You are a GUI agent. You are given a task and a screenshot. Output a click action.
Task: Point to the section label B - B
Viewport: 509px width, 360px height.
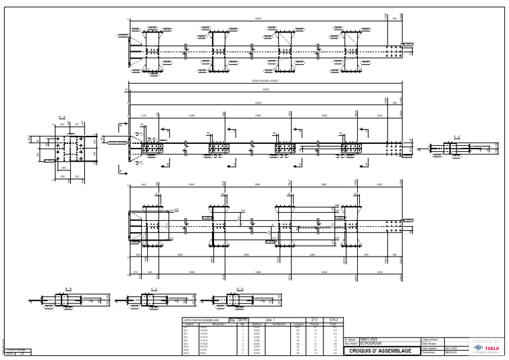[68, 288]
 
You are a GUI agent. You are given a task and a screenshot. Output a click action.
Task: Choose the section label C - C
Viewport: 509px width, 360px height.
[154, 288]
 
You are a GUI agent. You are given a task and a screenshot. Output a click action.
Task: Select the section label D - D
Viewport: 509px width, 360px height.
[239, 288]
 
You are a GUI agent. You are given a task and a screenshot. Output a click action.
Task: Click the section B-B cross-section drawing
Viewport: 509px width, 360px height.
[65, 300]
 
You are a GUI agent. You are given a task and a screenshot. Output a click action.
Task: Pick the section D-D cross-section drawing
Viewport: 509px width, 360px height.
[236, 300]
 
